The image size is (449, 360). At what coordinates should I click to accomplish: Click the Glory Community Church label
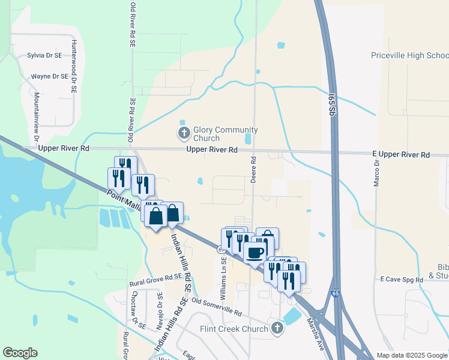pos(226,134)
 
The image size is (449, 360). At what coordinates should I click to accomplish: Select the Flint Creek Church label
pos(234,329)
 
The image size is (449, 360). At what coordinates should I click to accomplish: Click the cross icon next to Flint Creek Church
pos(277,328)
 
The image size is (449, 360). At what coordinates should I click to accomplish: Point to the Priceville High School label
pos(409,56)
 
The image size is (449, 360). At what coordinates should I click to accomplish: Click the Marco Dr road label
pos(377,173)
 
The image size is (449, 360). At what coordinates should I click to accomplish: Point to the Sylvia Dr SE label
pos(44,55)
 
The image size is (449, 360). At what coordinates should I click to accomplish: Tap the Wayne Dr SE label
pos(50,77)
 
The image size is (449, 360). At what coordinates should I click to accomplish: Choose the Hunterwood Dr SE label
pos(74,67)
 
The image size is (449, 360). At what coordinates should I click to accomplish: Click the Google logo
pos(20,353)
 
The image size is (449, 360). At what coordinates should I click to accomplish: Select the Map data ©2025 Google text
pos(411,355)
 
